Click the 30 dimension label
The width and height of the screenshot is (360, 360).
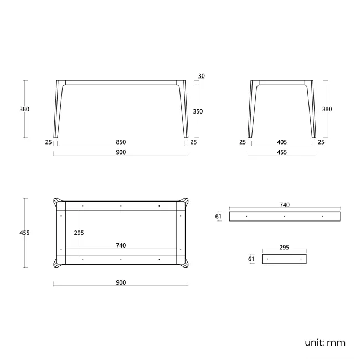point(202,76)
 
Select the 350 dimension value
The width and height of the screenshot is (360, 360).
point(198,111)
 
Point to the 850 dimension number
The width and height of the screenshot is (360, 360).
point(121,142)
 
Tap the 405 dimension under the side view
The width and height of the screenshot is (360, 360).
point(282,142)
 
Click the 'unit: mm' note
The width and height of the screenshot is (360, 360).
point(325,342)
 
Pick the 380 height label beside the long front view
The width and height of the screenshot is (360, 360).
point(24,109)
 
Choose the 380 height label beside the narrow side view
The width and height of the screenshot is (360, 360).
point(327,109)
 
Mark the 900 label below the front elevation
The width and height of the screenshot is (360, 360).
point(121,152)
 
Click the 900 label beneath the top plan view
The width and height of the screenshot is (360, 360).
point(121,282)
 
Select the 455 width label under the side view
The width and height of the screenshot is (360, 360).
point(282,152)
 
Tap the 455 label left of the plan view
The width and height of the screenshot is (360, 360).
point(24,233)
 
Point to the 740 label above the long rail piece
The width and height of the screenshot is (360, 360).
point(285,205)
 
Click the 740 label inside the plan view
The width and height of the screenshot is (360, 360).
point(121,245)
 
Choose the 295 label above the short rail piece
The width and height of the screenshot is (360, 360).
point(284,247)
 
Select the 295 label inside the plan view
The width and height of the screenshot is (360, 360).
point(79,233)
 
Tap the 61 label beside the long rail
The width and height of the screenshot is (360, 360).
point(218,216)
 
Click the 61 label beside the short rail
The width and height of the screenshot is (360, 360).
point(251,259)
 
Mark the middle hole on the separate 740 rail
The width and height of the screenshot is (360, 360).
point(285,216)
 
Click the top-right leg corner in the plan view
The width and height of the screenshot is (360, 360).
point(185,202)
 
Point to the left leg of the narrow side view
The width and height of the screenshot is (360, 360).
point(251,109)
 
